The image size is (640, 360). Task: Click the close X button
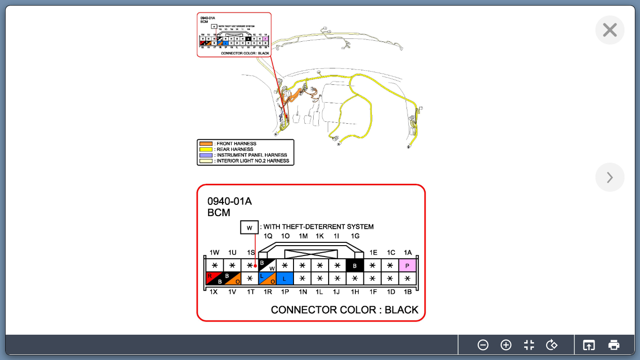[610, 30]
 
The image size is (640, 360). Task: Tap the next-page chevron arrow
[610, 177]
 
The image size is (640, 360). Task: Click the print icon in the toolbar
[614, 345]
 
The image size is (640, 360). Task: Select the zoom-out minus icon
[483, 345]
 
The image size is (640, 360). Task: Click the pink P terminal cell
[407, 266]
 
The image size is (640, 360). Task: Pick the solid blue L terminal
[285, 278]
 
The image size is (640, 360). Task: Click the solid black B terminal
[355, 266]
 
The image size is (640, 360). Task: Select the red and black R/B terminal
[215, 278]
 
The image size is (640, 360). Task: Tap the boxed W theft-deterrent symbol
[249, 228]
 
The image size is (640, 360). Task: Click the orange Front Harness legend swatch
[206, 144]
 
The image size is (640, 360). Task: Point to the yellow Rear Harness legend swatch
[206, 150]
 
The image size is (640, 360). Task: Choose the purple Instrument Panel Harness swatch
[206, 155]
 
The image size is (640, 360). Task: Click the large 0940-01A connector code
[229, 201]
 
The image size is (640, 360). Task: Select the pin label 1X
[213, 292]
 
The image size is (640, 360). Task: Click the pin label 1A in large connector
[407, 253]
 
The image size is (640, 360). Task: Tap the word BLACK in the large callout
[401, 310]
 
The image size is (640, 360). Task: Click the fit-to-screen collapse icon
[529, 345]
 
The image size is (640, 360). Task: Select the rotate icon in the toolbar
[552, 345]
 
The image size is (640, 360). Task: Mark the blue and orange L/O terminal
[267, 278]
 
